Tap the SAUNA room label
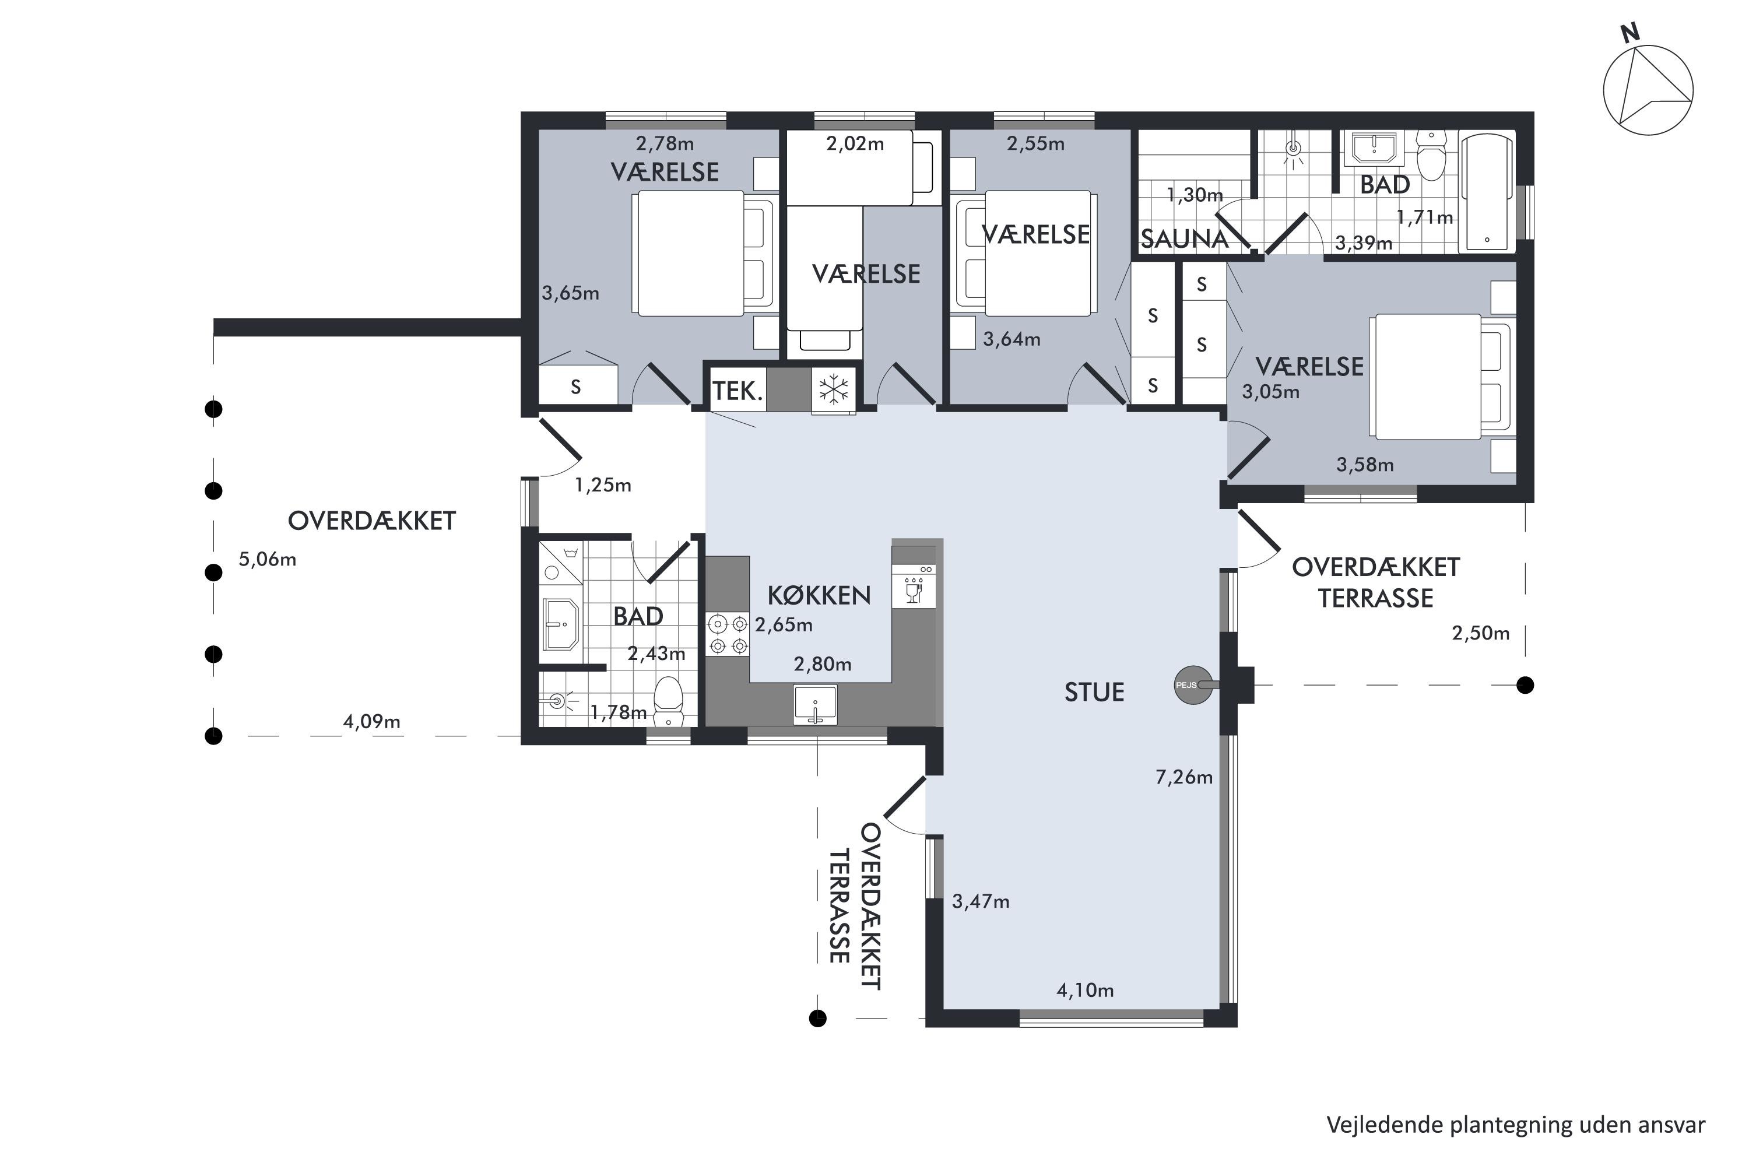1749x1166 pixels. (1185, 238)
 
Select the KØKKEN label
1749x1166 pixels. (819, 595)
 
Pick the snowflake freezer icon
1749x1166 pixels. (834, 389)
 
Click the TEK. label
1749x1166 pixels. (737, 391)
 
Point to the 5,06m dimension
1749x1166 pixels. (267, 559)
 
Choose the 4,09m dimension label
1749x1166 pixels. (371, 721)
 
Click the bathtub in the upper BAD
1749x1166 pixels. (1487, 191)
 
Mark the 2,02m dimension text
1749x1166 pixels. (855, 143)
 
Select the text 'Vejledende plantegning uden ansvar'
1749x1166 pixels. (1515, 1125)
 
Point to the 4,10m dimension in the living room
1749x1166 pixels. (1085, 991)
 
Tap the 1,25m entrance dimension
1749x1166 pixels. (602, 486)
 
